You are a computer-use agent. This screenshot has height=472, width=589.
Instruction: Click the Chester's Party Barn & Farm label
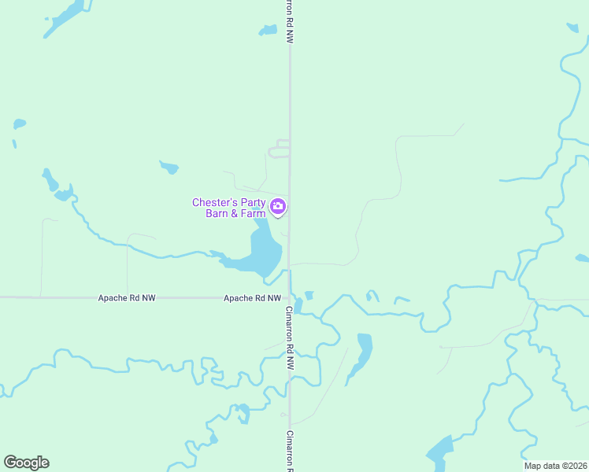click(x=229, y=208)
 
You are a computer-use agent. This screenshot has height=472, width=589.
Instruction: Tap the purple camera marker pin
click(x=277, y=207)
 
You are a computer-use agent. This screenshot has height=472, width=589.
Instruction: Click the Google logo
click(x=26, y=463)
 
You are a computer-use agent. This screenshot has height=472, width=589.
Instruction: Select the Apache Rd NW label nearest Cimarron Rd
click(x=252, y=298)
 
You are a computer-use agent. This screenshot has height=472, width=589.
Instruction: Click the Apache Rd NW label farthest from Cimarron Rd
click(x=127, y=298)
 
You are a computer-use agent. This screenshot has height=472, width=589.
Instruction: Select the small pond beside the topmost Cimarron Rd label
click(x=269, y=31)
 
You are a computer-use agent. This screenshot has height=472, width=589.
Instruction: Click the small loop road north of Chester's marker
click(x=279, y=149)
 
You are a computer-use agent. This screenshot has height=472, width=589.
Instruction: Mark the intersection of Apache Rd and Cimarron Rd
click(x=289, y=298)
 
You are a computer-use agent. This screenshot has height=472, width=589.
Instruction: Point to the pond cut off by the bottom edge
click(x=440, y=452)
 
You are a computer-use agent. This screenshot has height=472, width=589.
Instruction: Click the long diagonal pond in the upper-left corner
click(x=64, y=18)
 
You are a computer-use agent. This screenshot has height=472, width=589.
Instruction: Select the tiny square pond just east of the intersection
click(x=309, y=296)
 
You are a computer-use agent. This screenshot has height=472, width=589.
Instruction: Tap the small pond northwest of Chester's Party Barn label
click(x=169, y=167)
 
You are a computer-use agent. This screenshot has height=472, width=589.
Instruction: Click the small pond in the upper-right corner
click(x=572, y=28)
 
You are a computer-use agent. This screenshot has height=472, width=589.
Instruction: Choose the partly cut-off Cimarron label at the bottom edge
click(x=290, y=452)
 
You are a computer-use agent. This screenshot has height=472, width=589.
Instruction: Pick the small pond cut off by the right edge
click(x=582, y=258)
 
